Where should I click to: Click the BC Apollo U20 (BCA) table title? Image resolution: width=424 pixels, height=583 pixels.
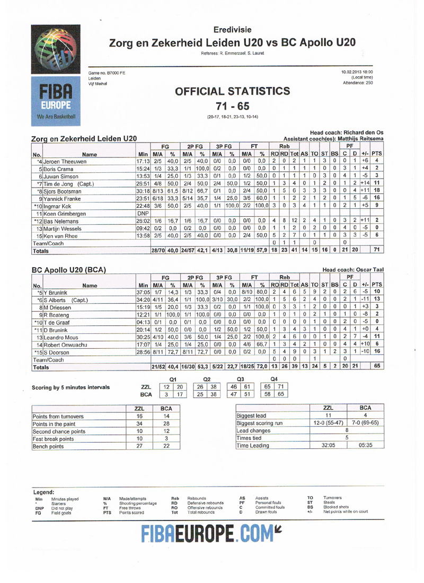[69, 270]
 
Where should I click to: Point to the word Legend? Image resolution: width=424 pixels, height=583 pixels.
[45, 492]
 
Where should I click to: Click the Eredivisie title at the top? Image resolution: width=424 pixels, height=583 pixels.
[233, 30]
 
